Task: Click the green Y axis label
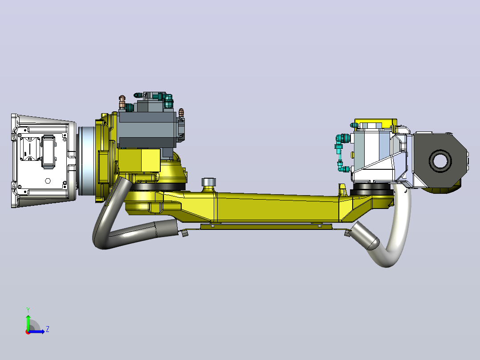tap(28, 310)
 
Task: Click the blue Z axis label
tap(48, 329)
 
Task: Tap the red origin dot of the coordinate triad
tap(28, 332)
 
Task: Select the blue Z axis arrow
tap(37, 331)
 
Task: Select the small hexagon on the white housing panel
tap(48, 180)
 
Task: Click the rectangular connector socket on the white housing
tap(48, 151)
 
